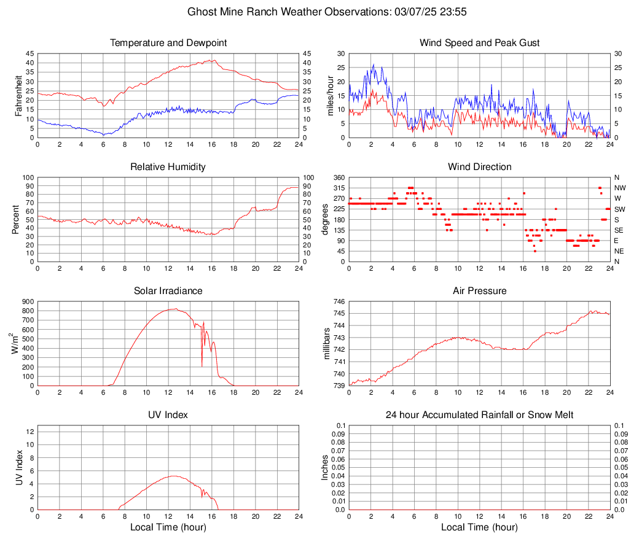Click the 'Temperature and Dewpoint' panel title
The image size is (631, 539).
pos(168,43)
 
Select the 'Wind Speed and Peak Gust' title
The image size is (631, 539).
pos(480,43)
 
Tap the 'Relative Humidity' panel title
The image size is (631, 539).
pos(168,167)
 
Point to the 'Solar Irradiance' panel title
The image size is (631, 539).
pos(168,291)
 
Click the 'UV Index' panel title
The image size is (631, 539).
pos(168,415)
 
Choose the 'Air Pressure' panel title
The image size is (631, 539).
pos(480,291)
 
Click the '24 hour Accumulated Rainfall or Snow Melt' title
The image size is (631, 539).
pos(480,415)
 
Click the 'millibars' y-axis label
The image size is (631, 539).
pos(327,344)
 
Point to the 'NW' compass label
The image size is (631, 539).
pos(619,188)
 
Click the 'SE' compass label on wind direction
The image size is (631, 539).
pos(619,230)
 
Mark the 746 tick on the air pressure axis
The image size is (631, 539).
pos(340,302)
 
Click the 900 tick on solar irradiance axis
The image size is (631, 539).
pos(27,302)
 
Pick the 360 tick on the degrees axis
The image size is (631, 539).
pos(339,178)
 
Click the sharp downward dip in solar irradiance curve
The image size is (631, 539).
pos(202,366)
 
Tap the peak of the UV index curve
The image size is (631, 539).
pos(174,476)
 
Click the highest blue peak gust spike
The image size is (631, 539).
pos(373,64)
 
